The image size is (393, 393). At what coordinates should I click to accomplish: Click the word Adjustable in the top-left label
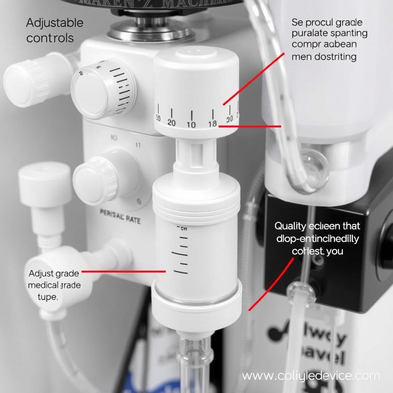click(54, 23)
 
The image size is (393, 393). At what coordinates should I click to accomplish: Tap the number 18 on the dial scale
click(212, 124)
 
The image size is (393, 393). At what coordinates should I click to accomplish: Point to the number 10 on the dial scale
click(191, 124)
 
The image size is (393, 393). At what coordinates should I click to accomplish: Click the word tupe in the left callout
click(48, 297)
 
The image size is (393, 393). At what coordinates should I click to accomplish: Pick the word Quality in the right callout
click(291, 226)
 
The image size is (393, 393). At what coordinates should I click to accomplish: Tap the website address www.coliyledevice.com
click(311, 375)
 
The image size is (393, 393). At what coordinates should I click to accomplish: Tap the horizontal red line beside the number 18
click(249, 126)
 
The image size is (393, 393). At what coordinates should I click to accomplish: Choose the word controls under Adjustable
click(50, 38)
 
